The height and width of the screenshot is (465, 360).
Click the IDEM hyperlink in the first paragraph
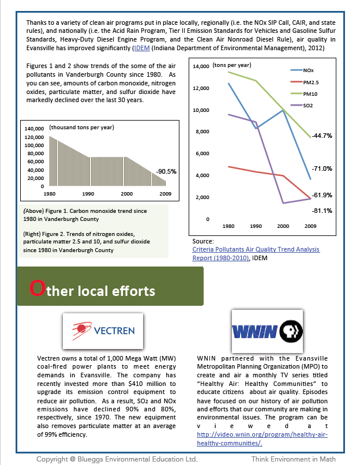[141, 49]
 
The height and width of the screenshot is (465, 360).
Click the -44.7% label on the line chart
[321, 136]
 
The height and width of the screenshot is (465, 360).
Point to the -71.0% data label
[321, 168]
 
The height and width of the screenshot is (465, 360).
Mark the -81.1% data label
[321, 211]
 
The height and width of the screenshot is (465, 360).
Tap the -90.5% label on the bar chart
[166, 171]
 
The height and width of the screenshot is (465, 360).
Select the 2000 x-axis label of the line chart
[283, 226]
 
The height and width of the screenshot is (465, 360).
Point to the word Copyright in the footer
[54, 459]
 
